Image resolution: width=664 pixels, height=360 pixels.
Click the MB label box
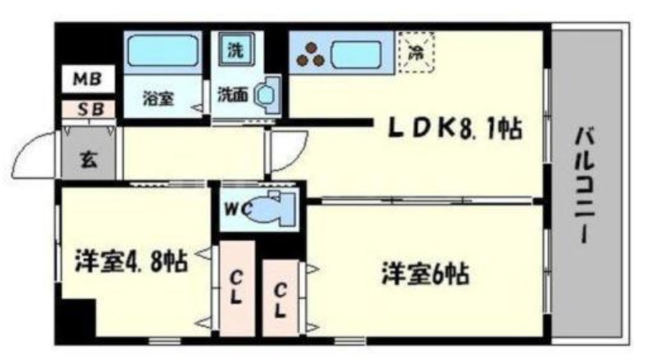[x=86, y=80]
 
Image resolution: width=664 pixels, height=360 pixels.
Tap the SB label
[x=86, y=109]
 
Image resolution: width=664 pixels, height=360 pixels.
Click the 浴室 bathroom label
[x=158, y=98]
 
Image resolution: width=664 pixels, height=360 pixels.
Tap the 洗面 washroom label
[x=233, y=94]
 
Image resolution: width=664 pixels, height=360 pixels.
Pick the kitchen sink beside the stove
[x=360, y=56]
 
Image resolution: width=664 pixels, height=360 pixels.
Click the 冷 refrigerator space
[x=415, y=51]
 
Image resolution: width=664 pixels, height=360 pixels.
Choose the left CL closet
[x=237, y=287]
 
